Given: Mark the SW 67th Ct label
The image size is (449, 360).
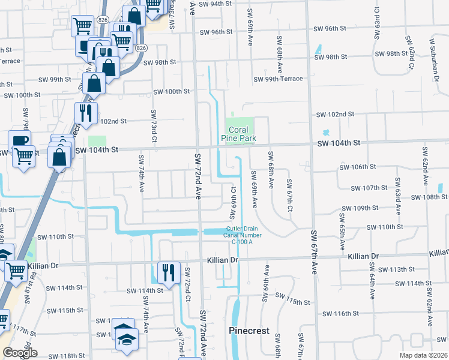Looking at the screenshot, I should coord(289,195).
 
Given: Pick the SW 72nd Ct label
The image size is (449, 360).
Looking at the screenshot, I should coord(187,285).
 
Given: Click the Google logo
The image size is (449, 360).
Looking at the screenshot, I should coord(19,353).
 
